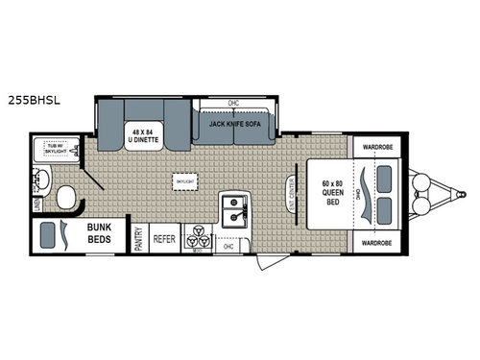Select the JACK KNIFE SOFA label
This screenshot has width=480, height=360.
[x=231, y=124]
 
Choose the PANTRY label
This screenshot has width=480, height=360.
[x=139, y=238]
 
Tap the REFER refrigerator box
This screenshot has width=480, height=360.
[x=165, y=237]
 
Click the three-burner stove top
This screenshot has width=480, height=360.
[x=196, y=238]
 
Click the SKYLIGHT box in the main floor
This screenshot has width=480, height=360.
[x=185, y=180]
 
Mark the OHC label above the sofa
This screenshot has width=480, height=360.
[x=232, y=103]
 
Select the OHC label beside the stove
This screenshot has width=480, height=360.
[x=228, y=246]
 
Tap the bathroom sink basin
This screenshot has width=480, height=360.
[x=43, y=179]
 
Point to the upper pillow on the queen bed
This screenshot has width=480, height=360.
[x=384, y=176]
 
